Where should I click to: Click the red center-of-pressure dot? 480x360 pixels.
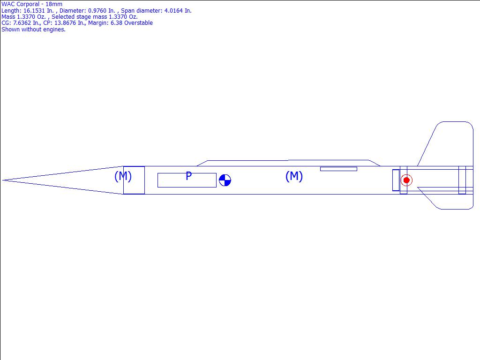pyautogui.click(x=406, y=180)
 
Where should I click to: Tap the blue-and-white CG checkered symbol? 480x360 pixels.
pyautogui.click(x=225, y=180)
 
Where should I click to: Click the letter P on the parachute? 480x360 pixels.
pyautogui.click(x=188, y=176)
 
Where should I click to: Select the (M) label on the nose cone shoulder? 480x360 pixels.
pyautogui.click(x=123, y=176)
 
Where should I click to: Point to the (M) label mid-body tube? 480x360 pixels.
pyautogui.click(x=294, y=176)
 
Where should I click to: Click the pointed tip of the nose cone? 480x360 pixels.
pyautogui.click(x=3, y=180)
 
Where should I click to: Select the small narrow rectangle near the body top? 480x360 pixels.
pyautogui.click(x=338, y=169)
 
